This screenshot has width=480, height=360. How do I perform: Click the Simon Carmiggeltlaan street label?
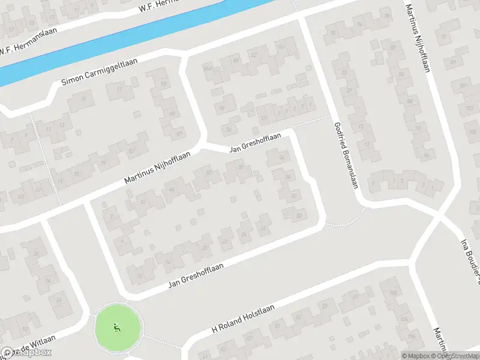click(x=100, y=70)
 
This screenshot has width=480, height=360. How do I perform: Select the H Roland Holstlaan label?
click(x=243, y=318)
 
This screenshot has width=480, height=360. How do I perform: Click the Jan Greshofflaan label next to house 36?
click(x=254, y=143)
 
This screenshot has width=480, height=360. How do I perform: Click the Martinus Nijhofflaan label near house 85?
click(x=157, y=167)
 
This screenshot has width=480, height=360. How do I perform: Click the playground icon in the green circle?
click(x=118, y=328)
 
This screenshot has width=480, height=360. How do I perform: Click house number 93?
click(x=164, y=83)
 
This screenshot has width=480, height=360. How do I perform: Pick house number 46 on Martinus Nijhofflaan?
click(x=172, y=190)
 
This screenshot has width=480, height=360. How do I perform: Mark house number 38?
click(x=241, y=167)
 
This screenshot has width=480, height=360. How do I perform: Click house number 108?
click(x=394, y=293)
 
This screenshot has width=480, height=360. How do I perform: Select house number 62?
click(x=253, y=55)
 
